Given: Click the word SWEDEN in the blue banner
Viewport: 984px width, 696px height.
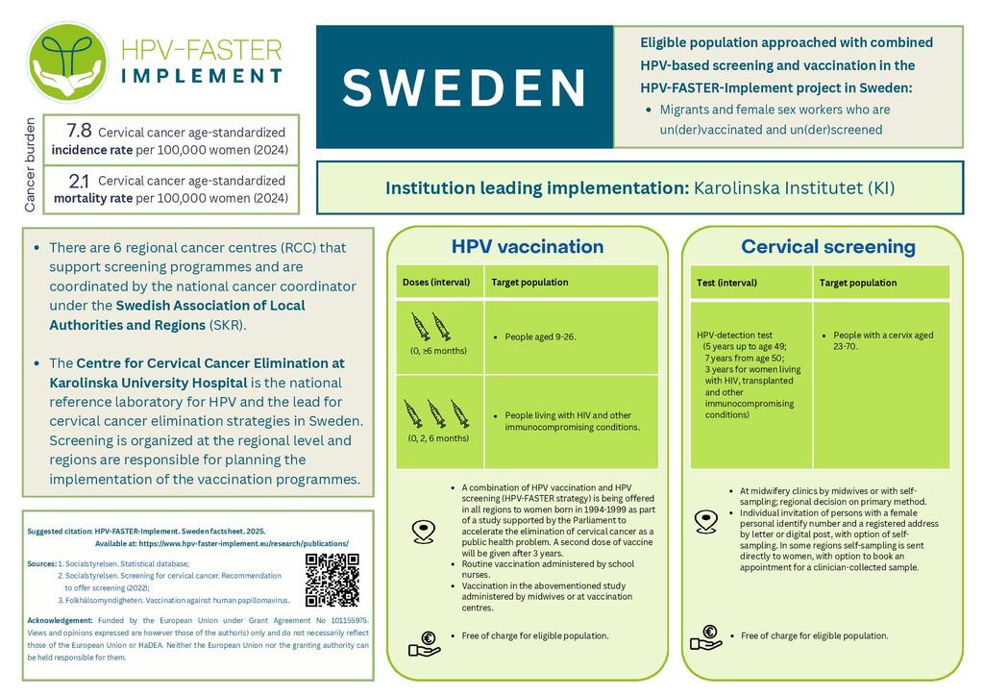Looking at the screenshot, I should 464,87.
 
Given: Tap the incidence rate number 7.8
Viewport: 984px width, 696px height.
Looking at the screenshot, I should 79,131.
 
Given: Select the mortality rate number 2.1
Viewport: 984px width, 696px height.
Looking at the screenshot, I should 80,180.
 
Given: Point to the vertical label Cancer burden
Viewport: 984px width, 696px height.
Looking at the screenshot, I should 30,164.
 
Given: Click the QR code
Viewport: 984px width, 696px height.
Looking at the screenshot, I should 332,581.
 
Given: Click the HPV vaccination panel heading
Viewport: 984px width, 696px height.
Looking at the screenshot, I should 527,247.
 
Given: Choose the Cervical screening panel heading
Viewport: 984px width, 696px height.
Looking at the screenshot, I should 827,247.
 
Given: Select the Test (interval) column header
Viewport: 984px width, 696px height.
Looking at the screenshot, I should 726,283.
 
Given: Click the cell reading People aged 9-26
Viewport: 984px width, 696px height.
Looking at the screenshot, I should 540,337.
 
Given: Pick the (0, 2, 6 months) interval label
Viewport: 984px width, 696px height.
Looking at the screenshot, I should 438,438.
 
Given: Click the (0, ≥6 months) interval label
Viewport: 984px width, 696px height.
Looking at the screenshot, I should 437,351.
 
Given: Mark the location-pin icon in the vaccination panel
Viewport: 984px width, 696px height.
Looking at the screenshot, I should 423,531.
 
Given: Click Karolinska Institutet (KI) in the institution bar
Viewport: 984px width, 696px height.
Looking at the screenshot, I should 794,188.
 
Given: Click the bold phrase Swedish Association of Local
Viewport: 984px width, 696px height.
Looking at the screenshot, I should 210,306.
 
